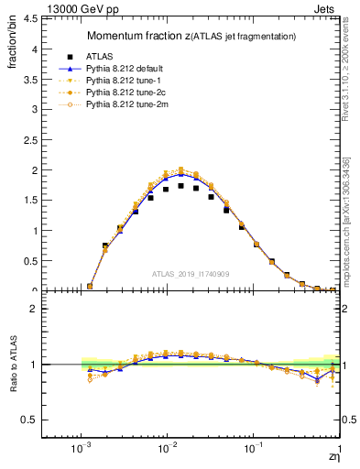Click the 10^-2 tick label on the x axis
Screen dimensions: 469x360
click(x=167, y=447)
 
